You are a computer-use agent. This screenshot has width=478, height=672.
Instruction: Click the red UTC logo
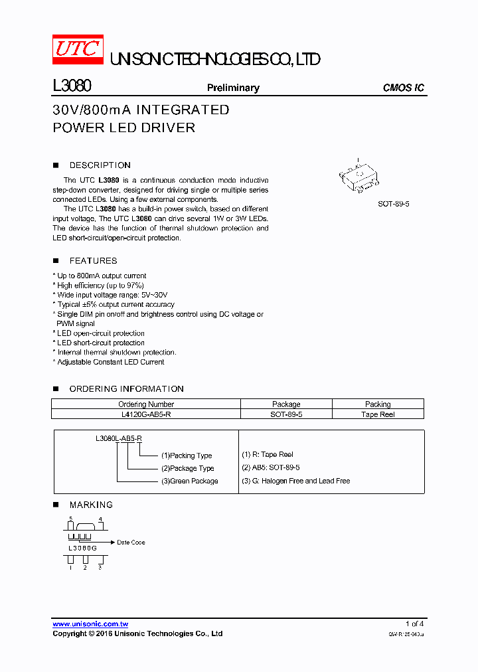click(78, 49)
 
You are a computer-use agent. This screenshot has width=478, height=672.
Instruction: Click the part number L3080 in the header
click(71, 87)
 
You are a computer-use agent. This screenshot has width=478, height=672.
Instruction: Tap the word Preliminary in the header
click(233, 88)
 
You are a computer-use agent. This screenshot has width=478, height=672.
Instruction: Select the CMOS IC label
click(404, 88)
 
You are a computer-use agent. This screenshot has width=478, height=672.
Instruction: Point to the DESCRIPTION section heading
click(100, 165)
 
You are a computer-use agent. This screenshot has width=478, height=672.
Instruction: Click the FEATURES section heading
click(93, 261)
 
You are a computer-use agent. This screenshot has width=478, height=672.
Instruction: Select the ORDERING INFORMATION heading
click(126, 389)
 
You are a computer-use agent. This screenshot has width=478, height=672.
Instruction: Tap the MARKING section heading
click(91, 505)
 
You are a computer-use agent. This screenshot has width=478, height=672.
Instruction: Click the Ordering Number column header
click(146, 404)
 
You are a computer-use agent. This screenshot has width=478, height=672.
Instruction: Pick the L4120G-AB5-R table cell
click(146, 414)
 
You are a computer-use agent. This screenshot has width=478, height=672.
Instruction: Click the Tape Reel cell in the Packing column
click(378, 414)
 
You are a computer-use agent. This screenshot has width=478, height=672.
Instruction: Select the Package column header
click(286, 404)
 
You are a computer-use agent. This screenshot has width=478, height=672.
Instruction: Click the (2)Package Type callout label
click(188, 468)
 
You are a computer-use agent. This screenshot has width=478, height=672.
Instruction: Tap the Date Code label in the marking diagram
click(131, 543)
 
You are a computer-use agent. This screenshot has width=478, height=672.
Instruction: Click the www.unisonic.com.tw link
click(90, 624)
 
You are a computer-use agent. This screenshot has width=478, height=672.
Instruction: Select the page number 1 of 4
click(414, 624)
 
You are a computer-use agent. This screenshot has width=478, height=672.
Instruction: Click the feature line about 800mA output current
click(102, 276)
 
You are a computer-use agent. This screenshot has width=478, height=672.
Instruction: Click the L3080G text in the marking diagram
click(83, 548)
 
